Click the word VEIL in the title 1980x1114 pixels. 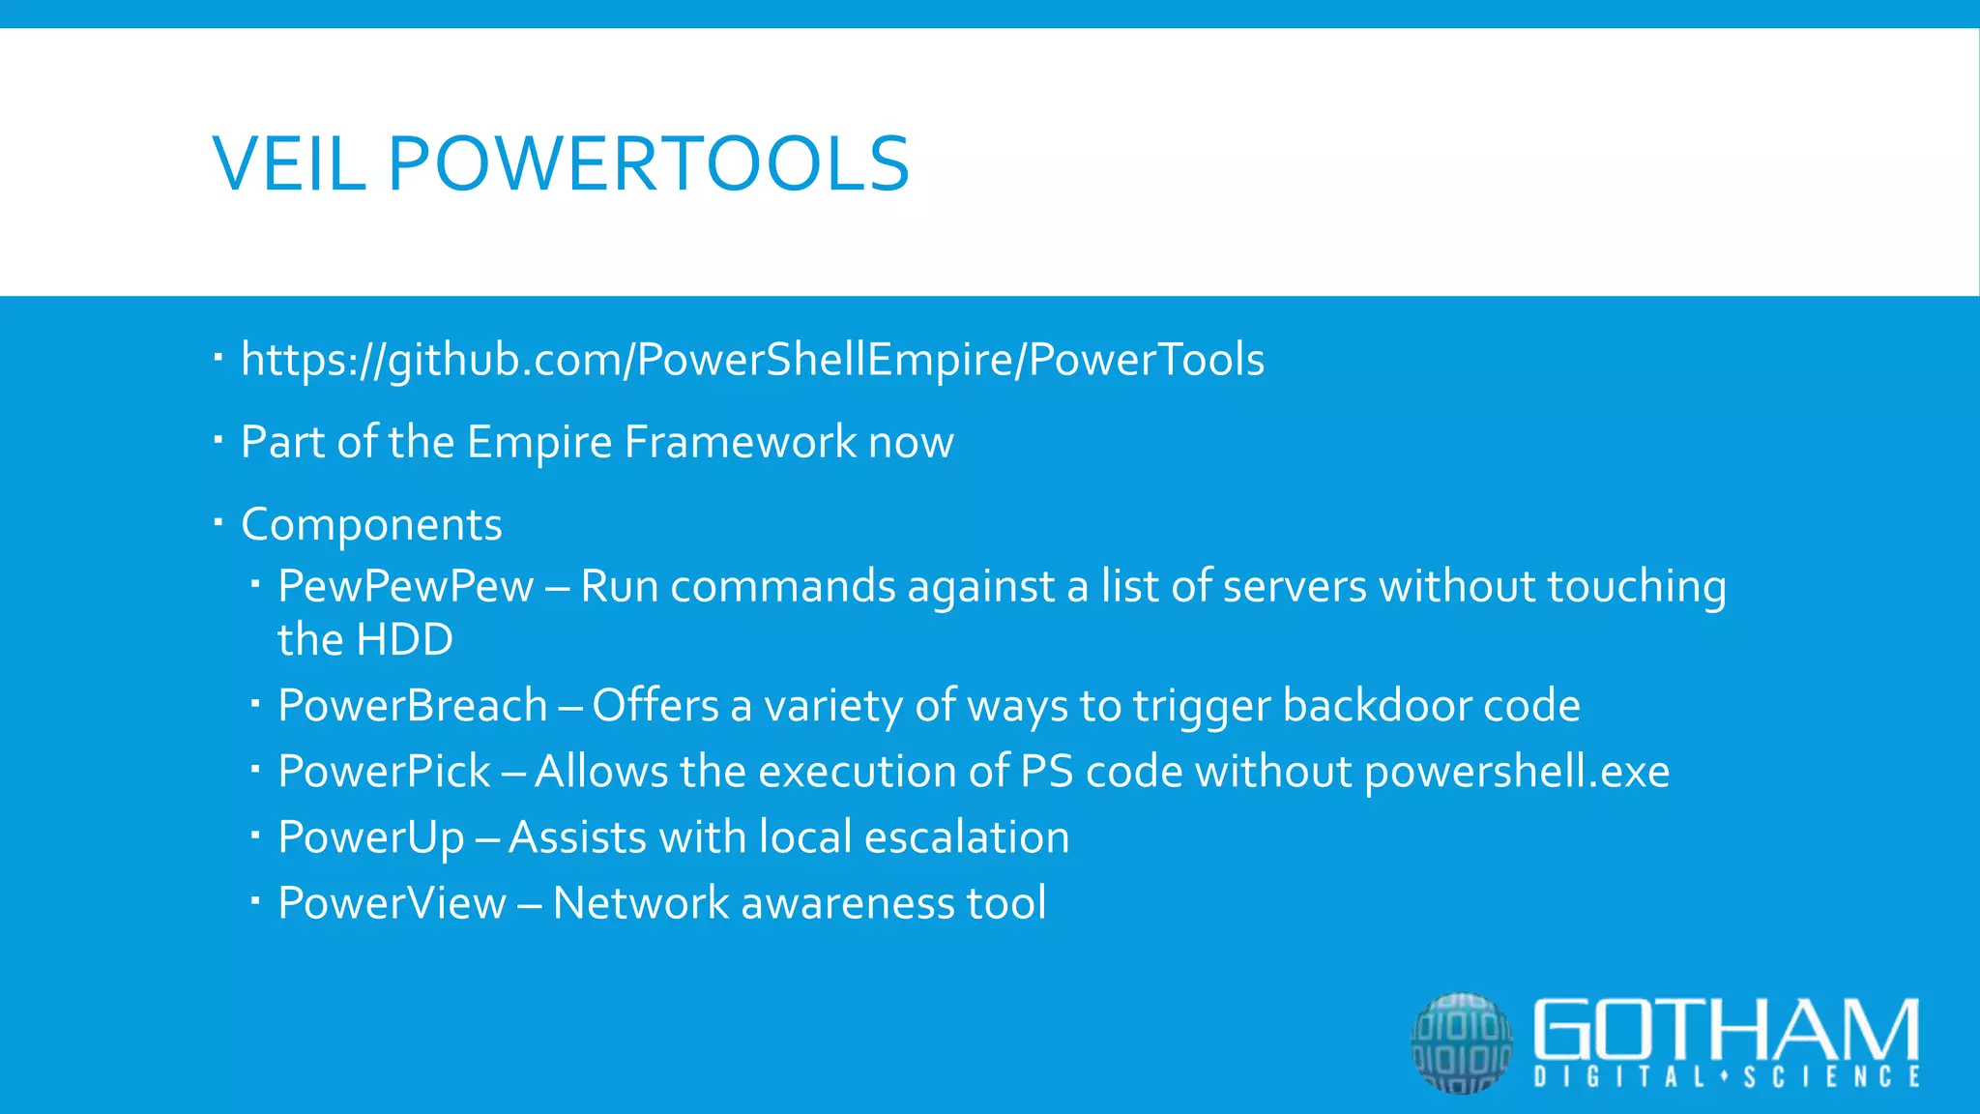[288, 163]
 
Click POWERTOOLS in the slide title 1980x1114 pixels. [649, 163]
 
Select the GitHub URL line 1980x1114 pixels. [752, 360]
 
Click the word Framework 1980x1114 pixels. [740, 442]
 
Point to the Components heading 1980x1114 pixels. [371, 524]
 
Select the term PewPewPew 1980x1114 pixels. [405, 586]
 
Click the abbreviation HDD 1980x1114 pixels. [405, 639]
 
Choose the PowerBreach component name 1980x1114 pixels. [413, 705]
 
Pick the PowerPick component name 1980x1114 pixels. [384, 771]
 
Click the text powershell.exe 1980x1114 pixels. [1517, 772]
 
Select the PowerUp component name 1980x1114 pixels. [370, 837]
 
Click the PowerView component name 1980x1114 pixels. [392, 903]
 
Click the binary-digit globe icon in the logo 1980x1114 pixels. [1462, 1042]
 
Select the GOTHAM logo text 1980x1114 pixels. [1726, 1030]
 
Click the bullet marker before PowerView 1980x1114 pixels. [255, 900]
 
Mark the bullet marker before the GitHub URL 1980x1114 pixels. [218, 358]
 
